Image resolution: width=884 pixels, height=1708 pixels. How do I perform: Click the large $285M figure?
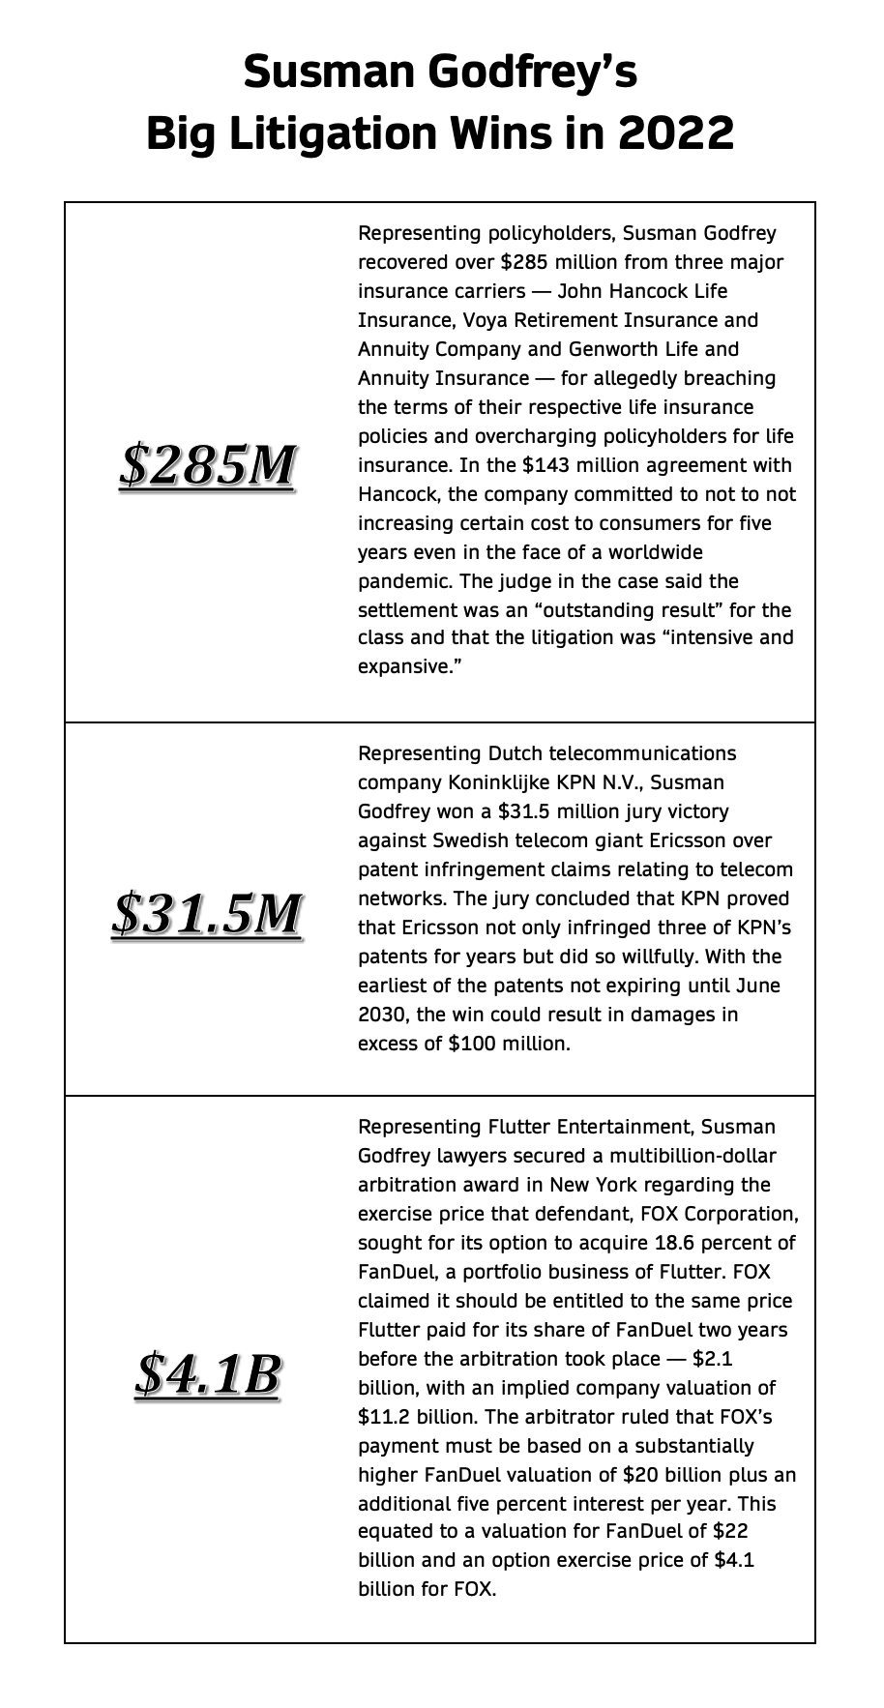coord(207,465)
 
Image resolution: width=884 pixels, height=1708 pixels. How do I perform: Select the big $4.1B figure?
coord(207,1373)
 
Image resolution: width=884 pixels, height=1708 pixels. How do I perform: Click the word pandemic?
coord(401,581)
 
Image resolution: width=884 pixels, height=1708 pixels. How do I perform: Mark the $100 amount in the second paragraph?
coord(472,1044)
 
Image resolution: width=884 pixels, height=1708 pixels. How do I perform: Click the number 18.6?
coord(701,1243)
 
